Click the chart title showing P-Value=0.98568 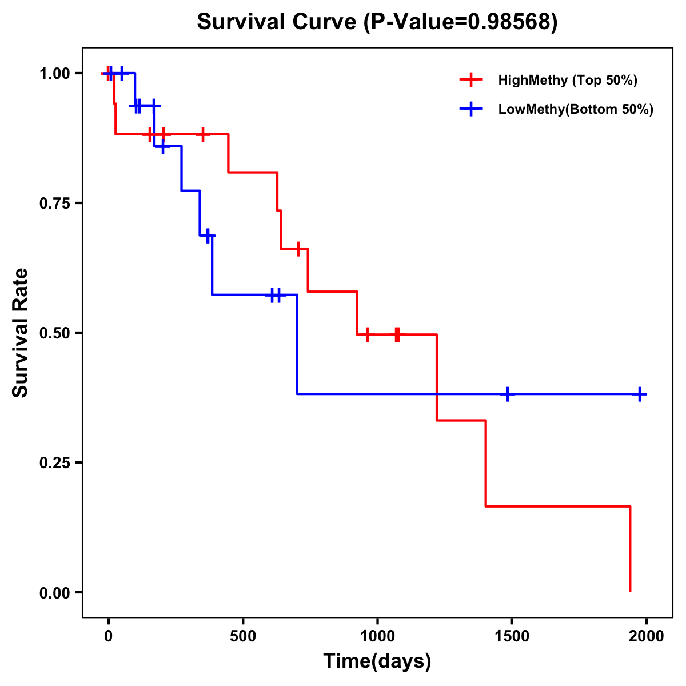pos(377,22)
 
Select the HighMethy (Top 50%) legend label pos(568,80)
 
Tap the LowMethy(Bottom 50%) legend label pos(576,109)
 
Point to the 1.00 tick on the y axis pos(54,74)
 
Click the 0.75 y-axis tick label pos(54,204)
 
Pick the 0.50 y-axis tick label pos(54,333)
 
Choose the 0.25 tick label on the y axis pos(54,463)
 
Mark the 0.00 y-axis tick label pos(54,593)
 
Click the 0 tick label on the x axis pos(108,636)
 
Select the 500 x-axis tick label pos(243,636)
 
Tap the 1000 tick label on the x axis pos(377,636)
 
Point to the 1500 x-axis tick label pos(512,636)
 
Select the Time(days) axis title pos(377,661)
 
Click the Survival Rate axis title pos(21,333)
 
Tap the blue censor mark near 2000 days pos(640,394)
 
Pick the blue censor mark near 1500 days pos(507,394)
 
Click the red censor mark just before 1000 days pos(367,334)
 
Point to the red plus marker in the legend pos(470,80)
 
